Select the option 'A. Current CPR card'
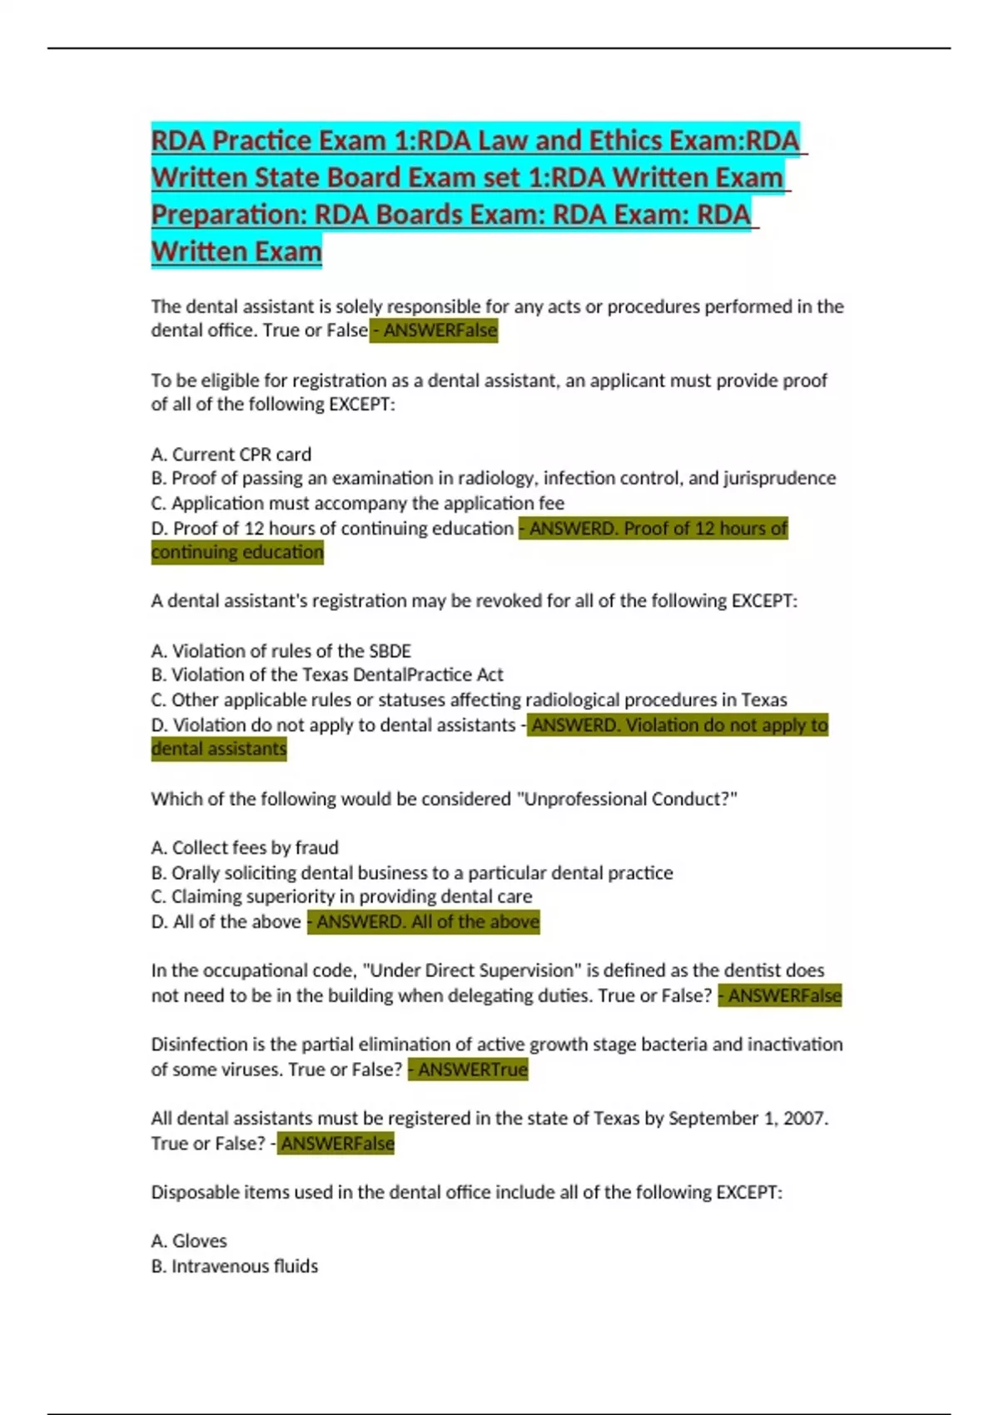231,454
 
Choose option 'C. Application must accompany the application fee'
358,503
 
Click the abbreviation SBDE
390,651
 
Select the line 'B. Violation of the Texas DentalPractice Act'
327,674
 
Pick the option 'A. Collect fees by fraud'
245,847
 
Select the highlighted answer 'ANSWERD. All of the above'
424,921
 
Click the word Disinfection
199,1045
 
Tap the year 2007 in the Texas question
803,1118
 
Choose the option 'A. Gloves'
189,1241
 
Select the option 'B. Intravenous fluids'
235,1266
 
